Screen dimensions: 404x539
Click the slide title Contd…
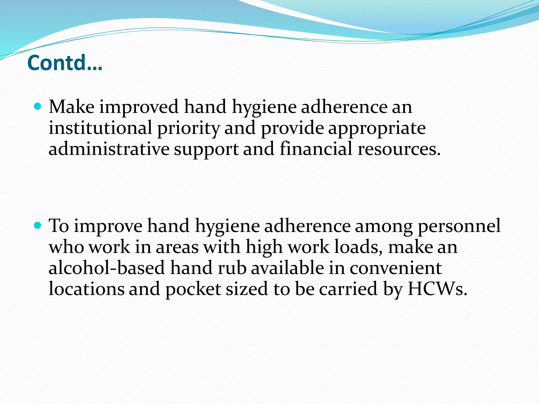[64, 63]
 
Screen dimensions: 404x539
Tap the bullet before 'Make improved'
[38, 107]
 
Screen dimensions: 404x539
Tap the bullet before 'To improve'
[38, 225]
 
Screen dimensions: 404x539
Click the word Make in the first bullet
[72, 107]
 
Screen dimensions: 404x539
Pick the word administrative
[109, 149]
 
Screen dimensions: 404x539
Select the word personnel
[459, 226]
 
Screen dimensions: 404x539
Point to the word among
[384, 227]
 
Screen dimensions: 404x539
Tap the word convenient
[396, 268]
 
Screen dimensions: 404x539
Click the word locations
[87, 289]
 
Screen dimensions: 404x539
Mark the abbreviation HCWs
[437, 289]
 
